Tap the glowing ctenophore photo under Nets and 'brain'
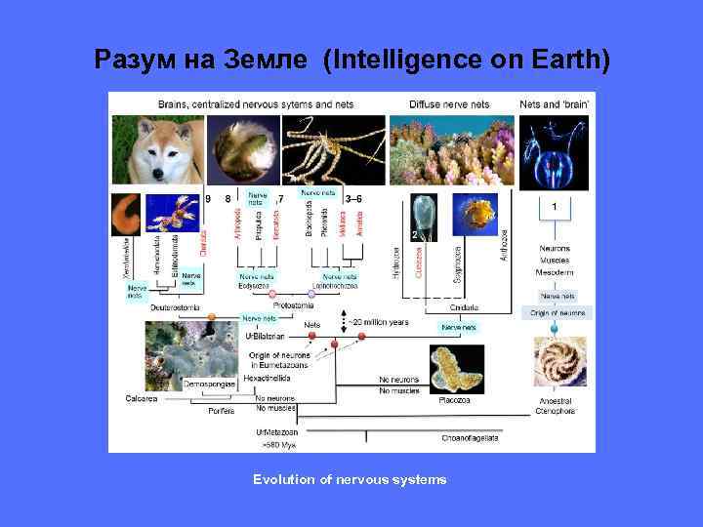click(555, 152)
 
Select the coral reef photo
click(451, 151)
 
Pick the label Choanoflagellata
click(470, 438)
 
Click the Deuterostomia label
click(178, 307)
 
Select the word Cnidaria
click(464, 307)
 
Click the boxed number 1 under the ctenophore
click(555, 207)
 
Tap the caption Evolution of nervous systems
click(350, 479)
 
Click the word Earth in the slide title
click(561, 61)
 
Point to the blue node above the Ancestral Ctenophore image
click(556, 329)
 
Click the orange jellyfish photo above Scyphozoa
click(478, 215)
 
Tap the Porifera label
click(222, 411)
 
